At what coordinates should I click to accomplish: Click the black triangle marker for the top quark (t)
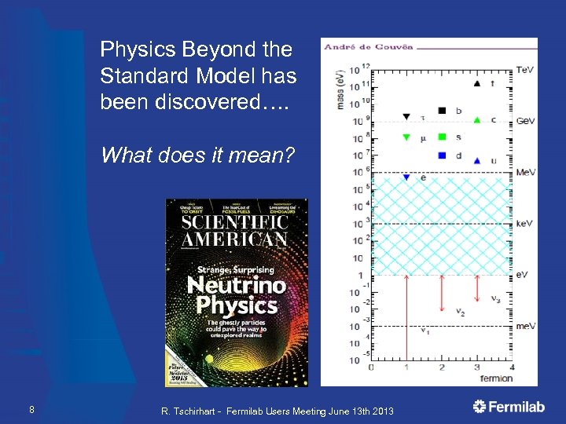(x=477, y=83)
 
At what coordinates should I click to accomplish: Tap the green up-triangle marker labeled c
(x=477, y=119)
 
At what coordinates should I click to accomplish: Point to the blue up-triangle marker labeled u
(x=477, y=160)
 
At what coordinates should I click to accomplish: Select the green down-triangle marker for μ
(x=406, y=137)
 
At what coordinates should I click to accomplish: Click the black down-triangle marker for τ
(x=406, y=118)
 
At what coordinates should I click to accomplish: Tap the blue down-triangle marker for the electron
(x=406, y=177)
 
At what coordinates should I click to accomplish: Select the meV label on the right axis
(x=525, y=326)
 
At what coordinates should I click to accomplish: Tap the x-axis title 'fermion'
(x=497, y=378)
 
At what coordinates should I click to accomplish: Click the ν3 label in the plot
(x=495, y=298)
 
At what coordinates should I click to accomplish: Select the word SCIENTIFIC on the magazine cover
(x=235, y=221)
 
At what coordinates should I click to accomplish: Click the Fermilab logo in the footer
(x=512, y=406)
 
